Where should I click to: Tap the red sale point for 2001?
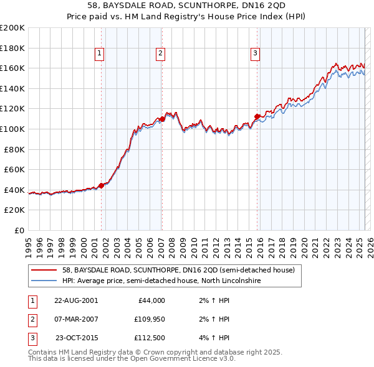point(102,185)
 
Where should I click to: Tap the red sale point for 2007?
point(162,118)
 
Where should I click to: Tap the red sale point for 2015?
point(257,116)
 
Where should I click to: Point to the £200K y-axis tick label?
point(12,28)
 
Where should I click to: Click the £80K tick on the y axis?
point(14,149)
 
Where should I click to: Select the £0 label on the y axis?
point(19,230)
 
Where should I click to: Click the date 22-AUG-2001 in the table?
point(75,300)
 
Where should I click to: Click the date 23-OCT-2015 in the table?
point(75,338)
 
